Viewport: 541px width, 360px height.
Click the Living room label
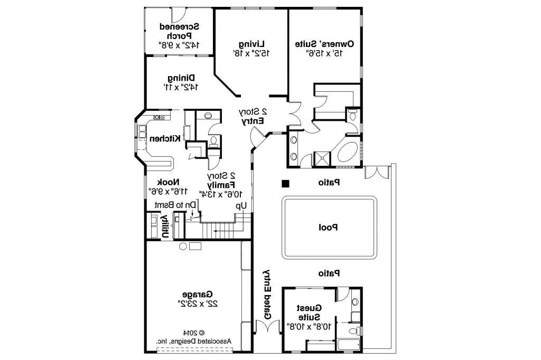tap(251, 43)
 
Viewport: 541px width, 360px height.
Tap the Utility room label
tap(164, 226)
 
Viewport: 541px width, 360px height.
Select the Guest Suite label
tap(309, 312)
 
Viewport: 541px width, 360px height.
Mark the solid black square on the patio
tap(285, 184)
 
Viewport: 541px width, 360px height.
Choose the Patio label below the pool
tap(329, 273)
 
